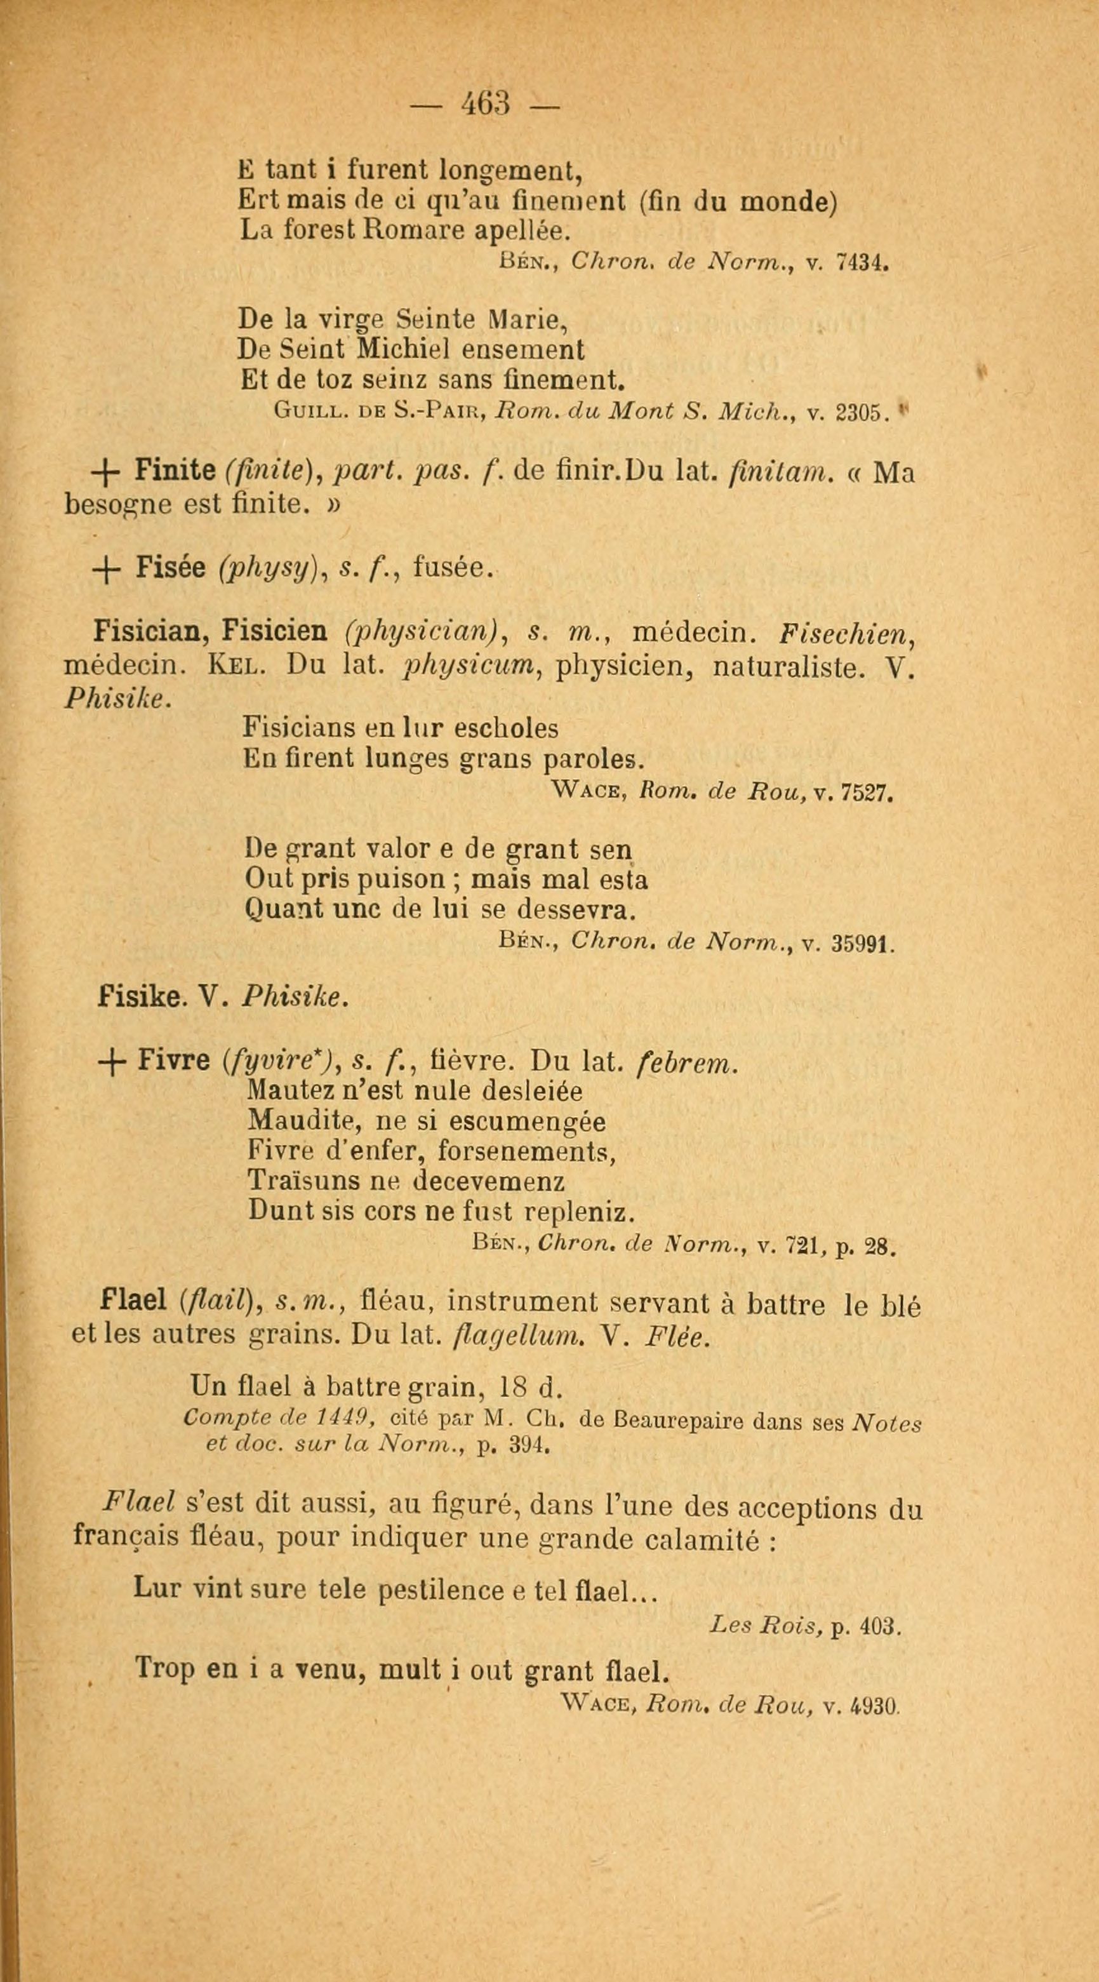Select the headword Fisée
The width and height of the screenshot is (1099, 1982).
171,567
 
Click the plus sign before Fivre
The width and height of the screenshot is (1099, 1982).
112,1062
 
